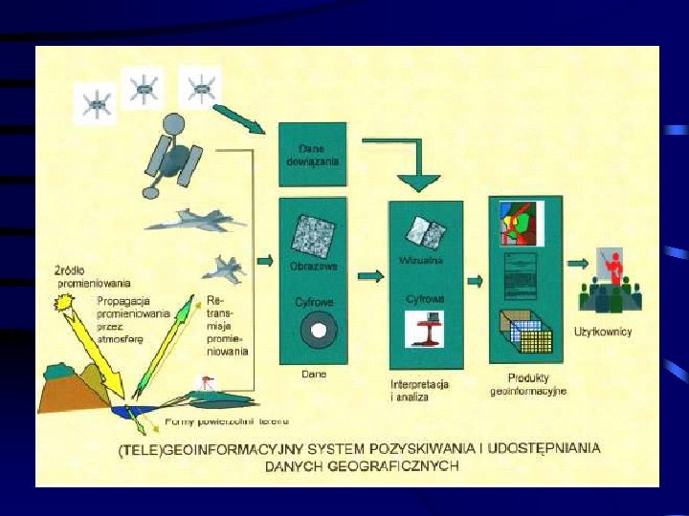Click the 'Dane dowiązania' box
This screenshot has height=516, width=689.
click(x=312, y=155)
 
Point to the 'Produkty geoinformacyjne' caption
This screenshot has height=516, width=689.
click(x=528, y=384)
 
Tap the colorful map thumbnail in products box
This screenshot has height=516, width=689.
click(x=521, y=224)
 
